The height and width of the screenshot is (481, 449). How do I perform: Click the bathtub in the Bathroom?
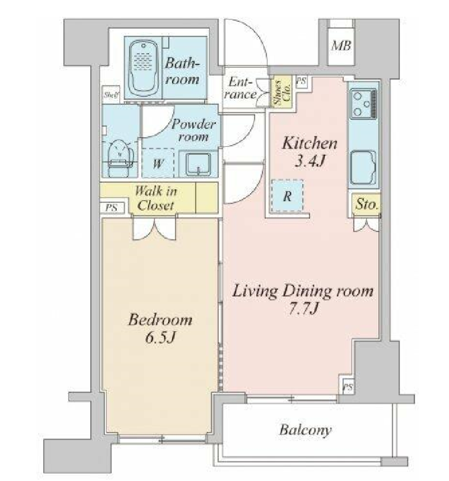[144, 67]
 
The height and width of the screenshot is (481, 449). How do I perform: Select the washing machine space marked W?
[158, 163]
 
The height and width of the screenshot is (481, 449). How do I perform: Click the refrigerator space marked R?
[288, 196]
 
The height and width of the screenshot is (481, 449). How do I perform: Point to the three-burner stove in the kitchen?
[363, 104]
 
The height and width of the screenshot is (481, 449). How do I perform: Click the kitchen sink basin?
[363, 168]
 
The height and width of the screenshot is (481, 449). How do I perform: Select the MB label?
[341, 46]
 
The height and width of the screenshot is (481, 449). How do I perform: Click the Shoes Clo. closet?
[281, 91]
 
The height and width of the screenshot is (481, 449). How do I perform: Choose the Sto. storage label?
[366, 203]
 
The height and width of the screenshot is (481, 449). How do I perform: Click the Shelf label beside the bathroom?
[111, 95]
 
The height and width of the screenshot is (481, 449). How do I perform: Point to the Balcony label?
[305, 429]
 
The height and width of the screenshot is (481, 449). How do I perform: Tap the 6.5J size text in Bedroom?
[160, 337]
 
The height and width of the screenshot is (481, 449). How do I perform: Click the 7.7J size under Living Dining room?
[303, 308]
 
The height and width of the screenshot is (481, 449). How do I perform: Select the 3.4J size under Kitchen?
[309, 160]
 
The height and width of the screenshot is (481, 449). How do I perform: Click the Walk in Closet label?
[156, 198]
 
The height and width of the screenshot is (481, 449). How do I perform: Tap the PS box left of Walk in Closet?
[112, 207]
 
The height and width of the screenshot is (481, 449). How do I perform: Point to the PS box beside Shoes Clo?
[302, 81]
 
